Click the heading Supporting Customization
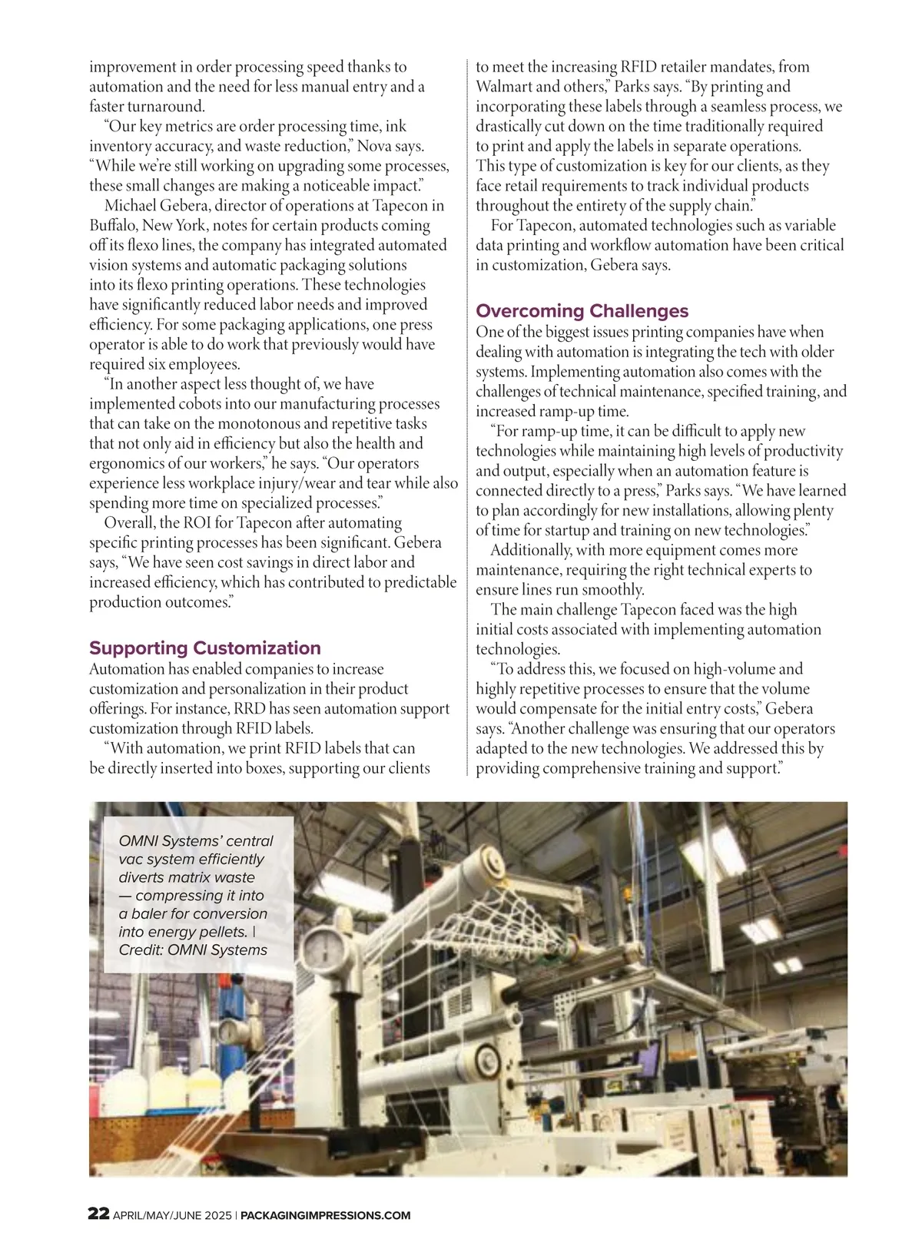205,648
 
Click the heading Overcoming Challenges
582,311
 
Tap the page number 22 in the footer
98,1214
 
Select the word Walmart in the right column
504,87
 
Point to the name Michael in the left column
131,206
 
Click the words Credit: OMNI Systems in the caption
193,950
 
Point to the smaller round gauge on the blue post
231,1033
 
